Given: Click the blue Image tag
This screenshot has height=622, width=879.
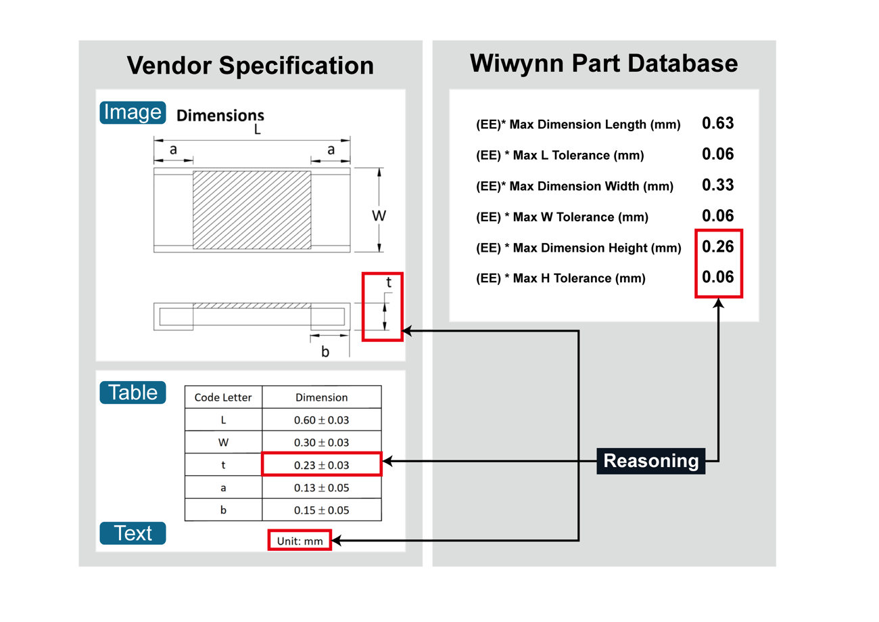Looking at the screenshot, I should point(132,112).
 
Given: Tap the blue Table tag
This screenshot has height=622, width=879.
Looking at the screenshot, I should point(133,393).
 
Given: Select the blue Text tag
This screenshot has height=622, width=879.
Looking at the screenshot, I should point(133,533).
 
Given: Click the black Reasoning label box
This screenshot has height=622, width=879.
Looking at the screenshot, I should point(650,461).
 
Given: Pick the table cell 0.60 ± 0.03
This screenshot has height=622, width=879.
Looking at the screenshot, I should point(321,420).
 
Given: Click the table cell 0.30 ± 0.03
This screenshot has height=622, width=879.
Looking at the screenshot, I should point(321,443).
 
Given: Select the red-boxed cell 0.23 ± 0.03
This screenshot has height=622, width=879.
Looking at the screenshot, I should point(321,465).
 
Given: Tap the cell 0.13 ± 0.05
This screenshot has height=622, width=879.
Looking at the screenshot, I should point(321,488).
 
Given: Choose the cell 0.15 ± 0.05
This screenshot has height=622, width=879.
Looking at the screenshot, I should point(321,510).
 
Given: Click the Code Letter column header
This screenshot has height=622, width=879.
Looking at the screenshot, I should point(223,397).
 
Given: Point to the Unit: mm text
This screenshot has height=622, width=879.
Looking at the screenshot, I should point(300,541).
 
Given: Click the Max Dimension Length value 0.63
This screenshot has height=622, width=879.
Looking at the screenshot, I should point(717,123).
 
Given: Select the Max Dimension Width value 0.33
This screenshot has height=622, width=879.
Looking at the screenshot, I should point(717,185).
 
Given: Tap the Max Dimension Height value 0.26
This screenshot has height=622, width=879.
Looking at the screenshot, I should point(717,246).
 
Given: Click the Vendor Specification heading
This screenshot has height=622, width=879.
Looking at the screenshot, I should point(250,66).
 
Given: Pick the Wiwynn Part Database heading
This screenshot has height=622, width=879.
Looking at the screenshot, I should point(604,63).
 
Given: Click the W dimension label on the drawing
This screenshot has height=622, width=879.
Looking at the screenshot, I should point(379,216).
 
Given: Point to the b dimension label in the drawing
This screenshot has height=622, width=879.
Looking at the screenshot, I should point(325,352).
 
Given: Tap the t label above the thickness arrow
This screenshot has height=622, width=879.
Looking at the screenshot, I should point(389,283).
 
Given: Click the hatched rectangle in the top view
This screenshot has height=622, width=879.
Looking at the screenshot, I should point(252,210).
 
